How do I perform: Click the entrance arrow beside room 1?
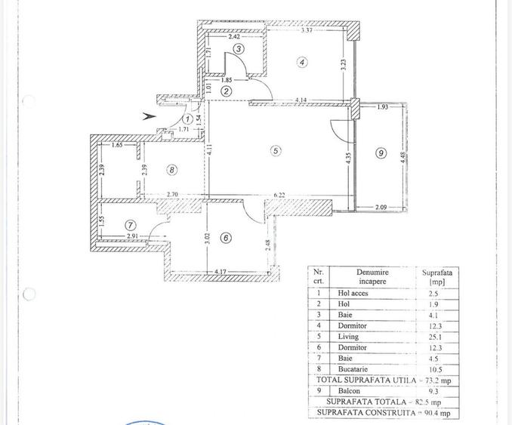click(149, 116)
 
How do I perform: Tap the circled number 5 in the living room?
click(276, 151)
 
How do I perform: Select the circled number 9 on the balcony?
click(381, 153)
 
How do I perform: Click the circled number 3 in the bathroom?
click(239, 49)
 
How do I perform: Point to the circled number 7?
click(131, 225)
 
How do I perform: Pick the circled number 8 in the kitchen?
click(171, 170)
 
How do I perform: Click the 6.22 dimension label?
click(279, 196)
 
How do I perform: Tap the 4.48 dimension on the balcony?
click(403, 159)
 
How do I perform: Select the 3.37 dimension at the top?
click(307, 31)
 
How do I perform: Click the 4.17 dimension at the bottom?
click(221, 272)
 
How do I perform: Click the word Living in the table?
click(348, 337)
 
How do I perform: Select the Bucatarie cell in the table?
click(353, 369)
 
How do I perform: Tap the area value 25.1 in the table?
click(435, 337)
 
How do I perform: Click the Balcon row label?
click(349, 391)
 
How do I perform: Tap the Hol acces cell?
click(353, 293)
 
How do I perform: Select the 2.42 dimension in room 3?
click(234, 36)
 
